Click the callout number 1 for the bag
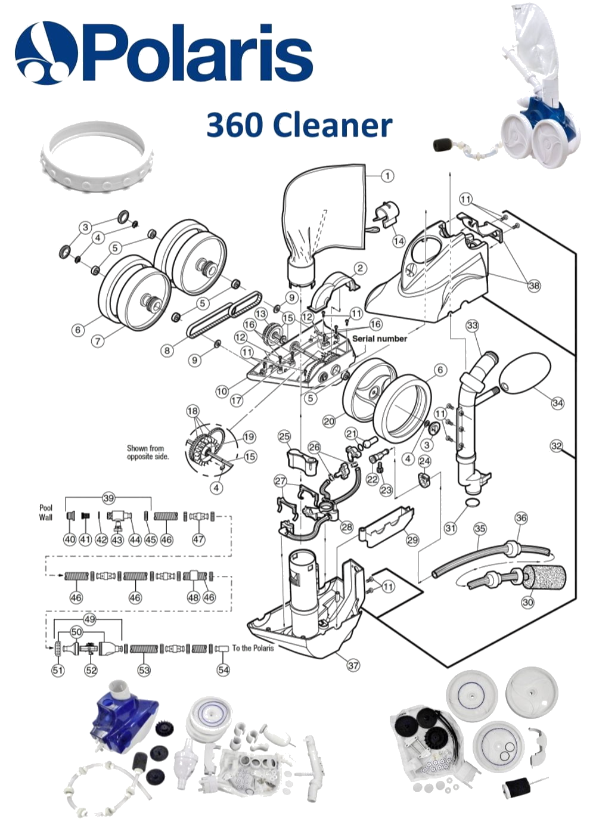coord(387,176)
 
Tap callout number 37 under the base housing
coord(353,665)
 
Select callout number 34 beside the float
coord(557,403)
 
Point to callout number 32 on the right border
coord(556,446)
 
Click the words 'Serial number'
coord(380,339)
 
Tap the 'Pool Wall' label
coord(46,513)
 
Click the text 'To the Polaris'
coord(253,648)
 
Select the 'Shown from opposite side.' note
coord(148,452)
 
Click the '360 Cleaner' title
coord(299,125)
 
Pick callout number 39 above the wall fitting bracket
coord(108,498)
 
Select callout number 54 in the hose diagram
coord(223,670)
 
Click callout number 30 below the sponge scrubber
coord(527,602)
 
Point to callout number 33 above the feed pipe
coord(473,325)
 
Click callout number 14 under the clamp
coord(399,241)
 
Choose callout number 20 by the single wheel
coord(329,421)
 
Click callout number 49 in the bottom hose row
coord(89,619)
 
